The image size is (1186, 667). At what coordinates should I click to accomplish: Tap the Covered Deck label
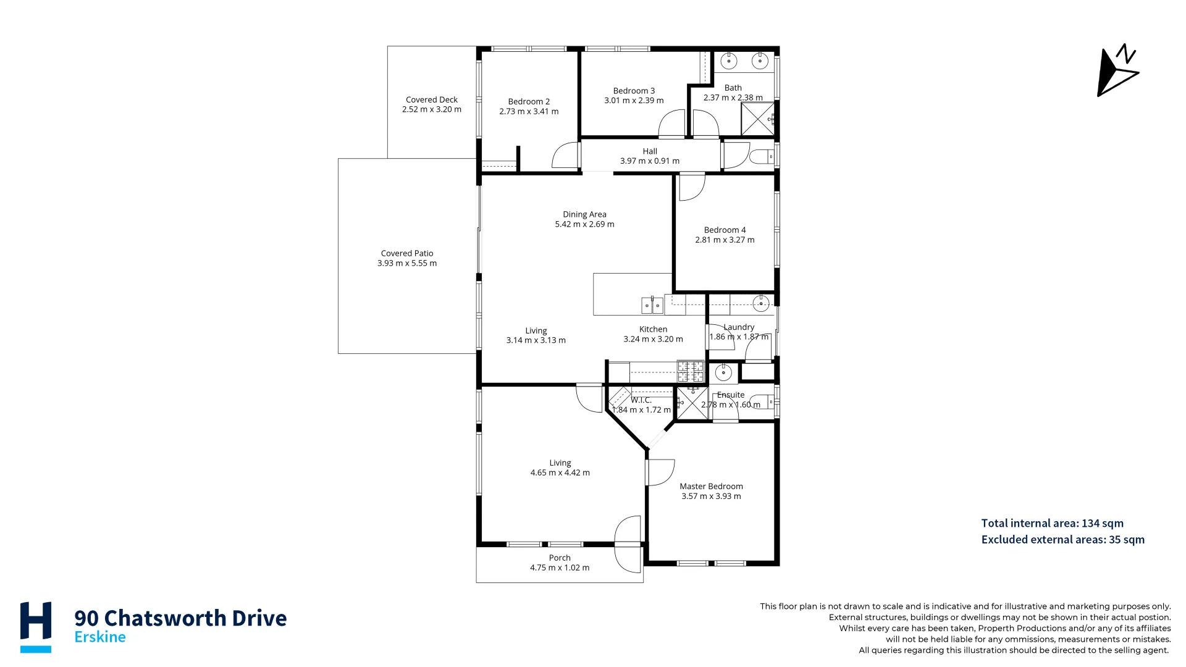coord(432,99)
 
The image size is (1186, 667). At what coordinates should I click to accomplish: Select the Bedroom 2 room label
coord(529,102)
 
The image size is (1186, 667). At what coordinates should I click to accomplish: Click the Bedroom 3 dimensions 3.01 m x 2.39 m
coord(634,101)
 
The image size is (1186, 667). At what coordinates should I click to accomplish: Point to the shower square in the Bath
coord(757,119)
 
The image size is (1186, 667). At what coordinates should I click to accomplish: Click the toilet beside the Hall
coord(761,156)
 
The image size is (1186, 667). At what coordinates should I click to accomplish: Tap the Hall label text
coord(650,151)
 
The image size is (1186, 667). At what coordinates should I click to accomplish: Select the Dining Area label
coord(584,214)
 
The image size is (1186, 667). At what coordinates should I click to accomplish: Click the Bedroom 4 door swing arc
coord(692,188)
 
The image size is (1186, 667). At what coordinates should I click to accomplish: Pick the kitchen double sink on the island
coord(652,305)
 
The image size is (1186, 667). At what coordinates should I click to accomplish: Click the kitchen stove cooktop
coord(691,371)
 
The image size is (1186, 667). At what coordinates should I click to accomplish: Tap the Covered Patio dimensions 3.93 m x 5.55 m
coord(407,263)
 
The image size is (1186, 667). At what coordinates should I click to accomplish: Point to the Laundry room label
coord(739,327)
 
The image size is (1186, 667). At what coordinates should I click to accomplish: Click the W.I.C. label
coord(641,400)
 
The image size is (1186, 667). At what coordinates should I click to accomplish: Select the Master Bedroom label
coord(711,487)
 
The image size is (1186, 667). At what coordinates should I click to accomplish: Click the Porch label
coord(560,558)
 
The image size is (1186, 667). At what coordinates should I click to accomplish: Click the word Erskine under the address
coord(100,637)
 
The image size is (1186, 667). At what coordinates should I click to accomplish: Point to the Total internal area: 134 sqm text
coord(1052,523)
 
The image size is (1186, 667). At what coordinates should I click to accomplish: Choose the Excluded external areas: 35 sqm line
coord(1062,540)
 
